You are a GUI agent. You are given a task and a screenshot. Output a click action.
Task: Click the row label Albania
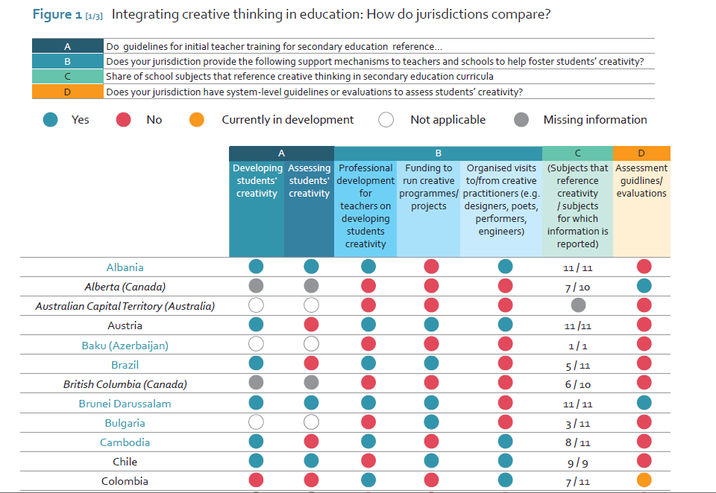click(x=125, y=267)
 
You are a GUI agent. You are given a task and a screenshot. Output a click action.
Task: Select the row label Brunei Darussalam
click(x=125, y=404)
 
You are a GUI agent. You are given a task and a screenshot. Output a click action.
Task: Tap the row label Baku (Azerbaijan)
click(x=125, y=346)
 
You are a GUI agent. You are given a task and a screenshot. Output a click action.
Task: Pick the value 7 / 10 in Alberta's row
click(x=577, y=287)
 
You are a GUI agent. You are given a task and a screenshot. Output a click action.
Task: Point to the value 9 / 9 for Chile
click(x=577, y=462)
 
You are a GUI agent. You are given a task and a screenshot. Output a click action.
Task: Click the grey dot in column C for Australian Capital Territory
click(x=577, y=305)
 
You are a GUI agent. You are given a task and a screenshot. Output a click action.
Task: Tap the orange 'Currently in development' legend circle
click(x=196, y=120)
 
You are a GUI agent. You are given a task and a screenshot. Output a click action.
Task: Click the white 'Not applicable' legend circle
click(x=386, y=120)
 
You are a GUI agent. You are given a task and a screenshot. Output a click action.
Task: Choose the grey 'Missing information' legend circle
click(x=521, y=120)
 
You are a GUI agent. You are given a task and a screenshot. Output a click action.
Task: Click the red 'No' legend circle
click(x=124, y=120)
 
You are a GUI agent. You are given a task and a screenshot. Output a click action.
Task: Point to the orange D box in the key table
click(x=67, y=92)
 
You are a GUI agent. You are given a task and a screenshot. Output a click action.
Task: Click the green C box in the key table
click(x=67, y=77)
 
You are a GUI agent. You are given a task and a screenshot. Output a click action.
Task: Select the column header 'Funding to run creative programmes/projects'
click(x=428, y=187)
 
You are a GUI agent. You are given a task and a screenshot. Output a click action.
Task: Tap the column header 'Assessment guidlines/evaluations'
click(x=641, y=181)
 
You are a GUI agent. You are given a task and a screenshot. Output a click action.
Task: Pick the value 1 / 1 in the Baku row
click(x=577, y=346)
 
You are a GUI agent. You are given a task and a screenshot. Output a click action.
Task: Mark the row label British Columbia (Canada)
click(x=125, y=384)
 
